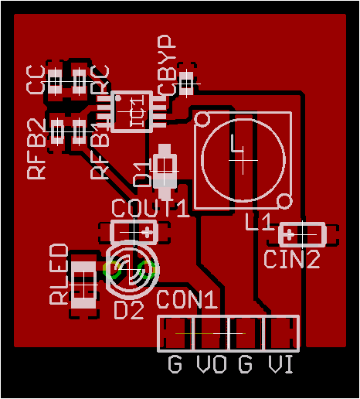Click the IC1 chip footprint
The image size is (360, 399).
click(137, 110)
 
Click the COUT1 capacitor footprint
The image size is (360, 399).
click(134, 230)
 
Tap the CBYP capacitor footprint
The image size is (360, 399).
click(186, 81)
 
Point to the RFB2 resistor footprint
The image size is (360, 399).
click(58, 131)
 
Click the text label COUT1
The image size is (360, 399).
click(149, 208)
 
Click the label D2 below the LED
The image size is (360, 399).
click(129, 311)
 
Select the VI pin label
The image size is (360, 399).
click(280, 364)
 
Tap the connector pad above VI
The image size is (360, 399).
click(280, 333)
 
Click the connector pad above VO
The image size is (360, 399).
click(211, 333)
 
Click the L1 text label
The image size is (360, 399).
click(258, 223)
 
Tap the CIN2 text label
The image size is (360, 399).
click(291, 260)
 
